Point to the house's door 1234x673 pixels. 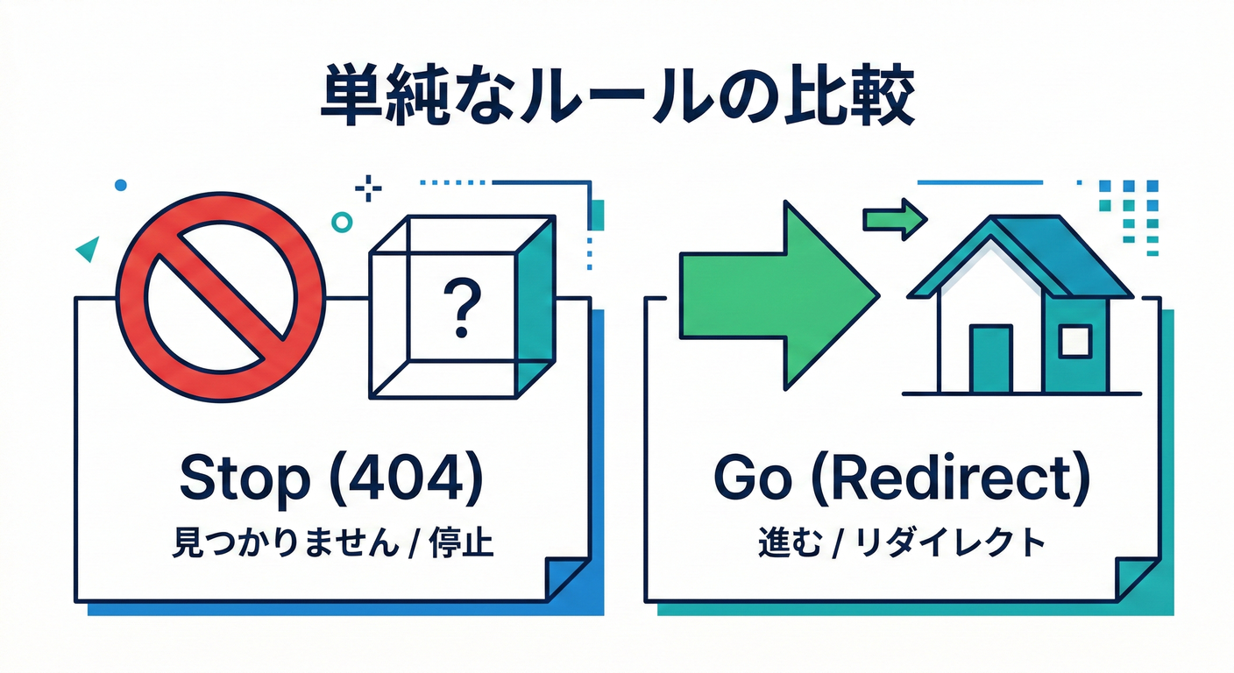point(990,359)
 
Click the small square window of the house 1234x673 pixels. point(1074,341)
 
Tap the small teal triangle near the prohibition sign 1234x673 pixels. point(87,250)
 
